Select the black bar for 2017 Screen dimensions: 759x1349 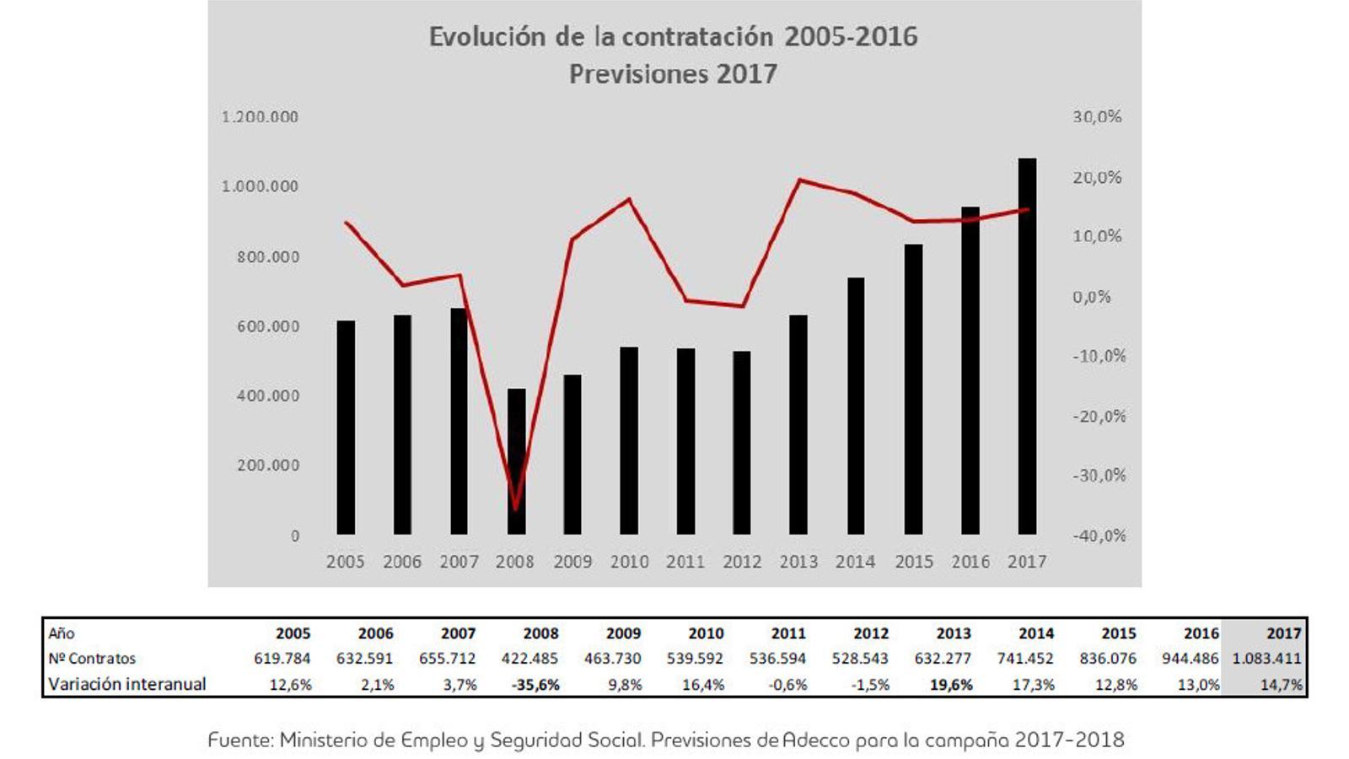click(x=1027, y=346)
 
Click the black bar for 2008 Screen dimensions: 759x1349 click(x=516, y=461)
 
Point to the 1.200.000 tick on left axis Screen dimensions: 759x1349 click(x=260, y=116)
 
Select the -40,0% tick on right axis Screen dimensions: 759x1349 click(x=1099, y=536)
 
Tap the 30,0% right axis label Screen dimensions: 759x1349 click(x=1097, y=116)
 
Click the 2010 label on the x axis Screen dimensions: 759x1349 click(x=629, y=562)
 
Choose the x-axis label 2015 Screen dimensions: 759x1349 click(x=914, y=562)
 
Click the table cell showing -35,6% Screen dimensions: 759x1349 click(x=535, y=685)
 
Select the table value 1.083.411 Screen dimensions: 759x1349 click(x=1266, y=659)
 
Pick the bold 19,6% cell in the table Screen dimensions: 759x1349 click(x=950, y=685)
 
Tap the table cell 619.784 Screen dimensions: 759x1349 click(x=282, y=659)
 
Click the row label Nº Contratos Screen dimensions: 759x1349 click(x=92, y=659)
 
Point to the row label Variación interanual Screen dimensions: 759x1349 click(x=126, y=684)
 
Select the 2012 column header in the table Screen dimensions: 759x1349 click(x=871, y=633)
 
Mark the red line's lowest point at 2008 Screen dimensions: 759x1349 click(x=515, y=509)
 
